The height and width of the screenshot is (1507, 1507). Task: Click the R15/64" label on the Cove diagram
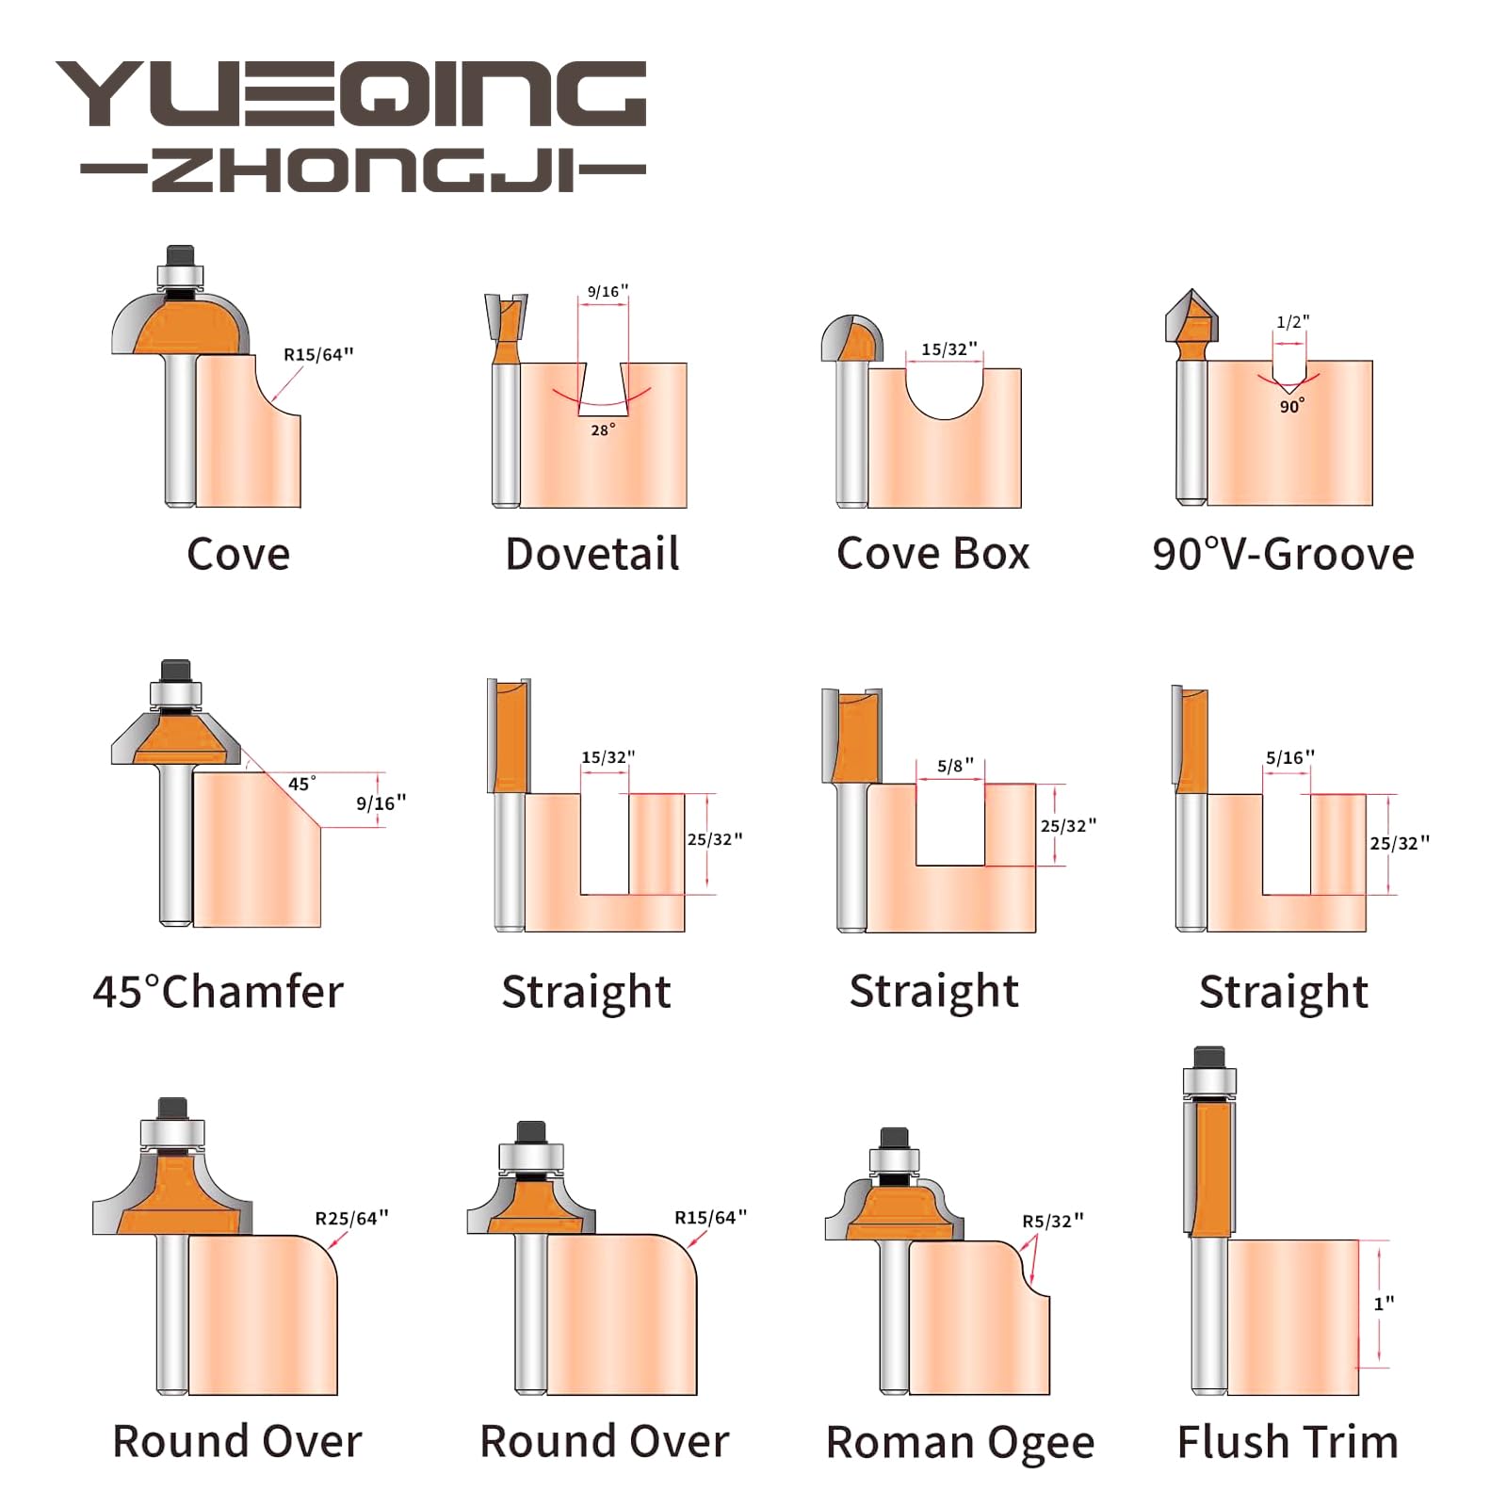(x=318, y=355)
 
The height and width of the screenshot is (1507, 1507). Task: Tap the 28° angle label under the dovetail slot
(x=603, y=429)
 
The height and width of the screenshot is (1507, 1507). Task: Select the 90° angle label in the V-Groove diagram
(x=1291, y=406)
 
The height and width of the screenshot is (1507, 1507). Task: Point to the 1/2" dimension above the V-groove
(x=1292, y=322)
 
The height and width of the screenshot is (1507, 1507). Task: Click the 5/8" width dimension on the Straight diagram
(x=955, y=766)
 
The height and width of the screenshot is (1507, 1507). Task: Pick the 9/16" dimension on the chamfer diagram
(x=381, y=803)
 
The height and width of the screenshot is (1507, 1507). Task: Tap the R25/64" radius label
(x=351, y=1218)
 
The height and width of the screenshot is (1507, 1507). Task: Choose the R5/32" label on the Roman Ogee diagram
(x=1053, y=1221)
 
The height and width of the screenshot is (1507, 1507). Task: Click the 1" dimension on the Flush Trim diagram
(x=1384, y=1304)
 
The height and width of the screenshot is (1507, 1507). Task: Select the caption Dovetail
(x=592, y=554)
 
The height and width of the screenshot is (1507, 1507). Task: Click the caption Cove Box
(x=933, y=554)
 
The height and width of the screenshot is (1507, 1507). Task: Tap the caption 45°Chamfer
(x=219, y=992)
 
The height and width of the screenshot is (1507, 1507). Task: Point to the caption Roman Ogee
(x=960, y=1443)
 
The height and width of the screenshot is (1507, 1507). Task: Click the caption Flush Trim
(x=1288, y=1442)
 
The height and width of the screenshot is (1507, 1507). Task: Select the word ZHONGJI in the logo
(x=364, y=170)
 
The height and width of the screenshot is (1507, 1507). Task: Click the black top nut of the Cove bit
(x=180, y=255)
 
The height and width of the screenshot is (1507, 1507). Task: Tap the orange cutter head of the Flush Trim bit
(x=1212, y=1168)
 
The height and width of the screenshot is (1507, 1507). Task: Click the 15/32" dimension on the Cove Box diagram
(x=948, y=349)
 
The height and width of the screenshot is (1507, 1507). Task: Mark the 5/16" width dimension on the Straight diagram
(x=1289, y=757)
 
